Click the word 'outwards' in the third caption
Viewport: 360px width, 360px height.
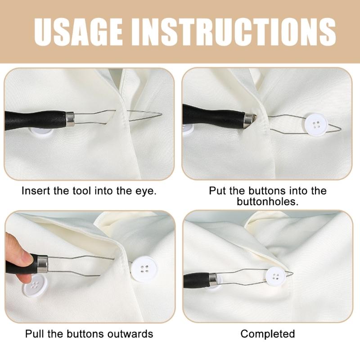[x=132, y=334]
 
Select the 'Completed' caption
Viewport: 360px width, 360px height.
[x=268, y=334]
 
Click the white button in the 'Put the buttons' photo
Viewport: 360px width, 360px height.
[x=316, y=124]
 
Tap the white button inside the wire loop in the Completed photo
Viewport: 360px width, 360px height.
[x=275, y=276]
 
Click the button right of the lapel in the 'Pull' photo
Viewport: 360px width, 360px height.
[x=144, y=269]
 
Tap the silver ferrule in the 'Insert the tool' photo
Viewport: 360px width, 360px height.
[x=70, y=119]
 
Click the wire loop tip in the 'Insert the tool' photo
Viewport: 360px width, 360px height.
[x=157, y=113]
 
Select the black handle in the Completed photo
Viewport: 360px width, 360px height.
[x=196, y=280]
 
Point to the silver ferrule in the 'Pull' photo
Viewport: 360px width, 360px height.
[x=42, y=263]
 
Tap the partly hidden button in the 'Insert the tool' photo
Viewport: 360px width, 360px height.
[x=40, y=133]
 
